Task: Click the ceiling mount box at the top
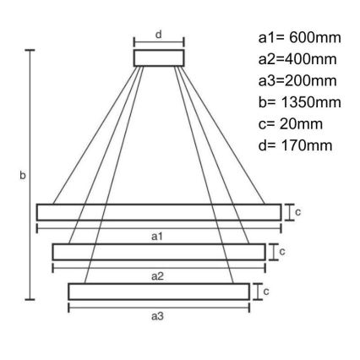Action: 158,57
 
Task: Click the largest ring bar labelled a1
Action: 158,211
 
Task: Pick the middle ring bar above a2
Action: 158,251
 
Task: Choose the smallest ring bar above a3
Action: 158,291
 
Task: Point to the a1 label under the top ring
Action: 156,237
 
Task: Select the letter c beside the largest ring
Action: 298,211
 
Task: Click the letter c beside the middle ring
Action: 282,251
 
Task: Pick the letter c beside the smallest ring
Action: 267,291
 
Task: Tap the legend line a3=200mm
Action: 296,81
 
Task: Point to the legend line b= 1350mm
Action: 298,103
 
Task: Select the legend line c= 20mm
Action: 292,124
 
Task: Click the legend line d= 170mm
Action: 295,146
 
